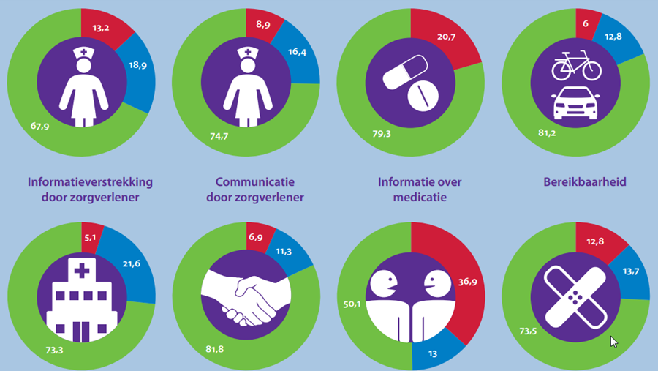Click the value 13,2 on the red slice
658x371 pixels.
pos(100,29)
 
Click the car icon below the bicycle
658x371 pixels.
pos(576,104)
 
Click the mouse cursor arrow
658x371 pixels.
pos(613,340)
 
